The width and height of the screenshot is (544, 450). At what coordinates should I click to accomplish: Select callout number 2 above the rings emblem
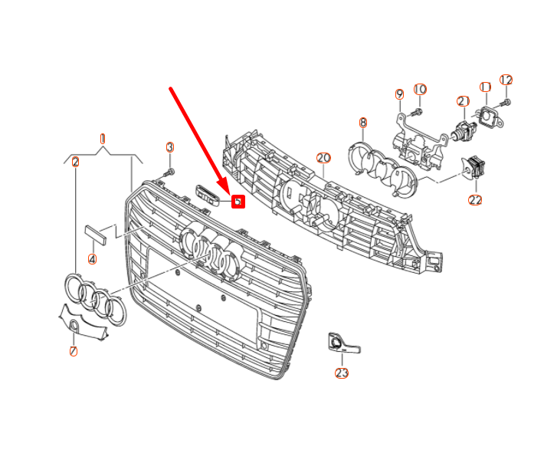click(x=75, y=162)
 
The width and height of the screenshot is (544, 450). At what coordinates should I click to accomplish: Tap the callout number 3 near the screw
click(x=170, y=146)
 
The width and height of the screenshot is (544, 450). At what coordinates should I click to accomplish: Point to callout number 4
click(x=92, y=259)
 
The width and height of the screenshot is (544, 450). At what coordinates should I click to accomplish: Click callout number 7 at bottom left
click(x=74, y=352)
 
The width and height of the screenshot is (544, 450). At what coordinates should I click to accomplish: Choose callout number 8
click(x=363, y=122)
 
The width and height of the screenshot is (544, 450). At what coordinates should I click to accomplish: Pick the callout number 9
click(x=399, y=94)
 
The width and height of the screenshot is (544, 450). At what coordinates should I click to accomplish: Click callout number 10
click(x=420, y=90)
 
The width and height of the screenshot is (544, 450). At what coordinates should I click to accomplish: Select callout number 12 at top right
click(x=506, y=80)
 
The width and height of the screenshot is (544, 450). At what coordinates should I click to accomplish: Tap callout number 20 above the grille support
click(x=323, y=158)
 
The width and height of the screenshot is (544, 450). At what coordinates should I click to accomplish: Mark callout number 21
click(x=463, y=101)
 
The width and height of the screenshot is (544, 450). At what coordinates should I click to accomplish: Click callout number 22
click(x=475, y=200)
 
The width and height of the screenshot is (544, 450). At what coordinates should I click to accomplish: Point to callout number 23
click(x=341, y=373)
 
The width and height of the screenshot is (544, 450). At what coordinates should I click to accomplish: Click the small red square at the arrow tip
click(x=238, y=202)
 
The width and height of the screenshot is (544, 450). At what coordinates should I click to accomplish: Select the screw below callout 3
click(x=172, y=171)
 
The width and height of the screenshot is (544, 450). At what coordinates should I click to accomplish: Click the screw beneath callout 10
click(x=419, y=111)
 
